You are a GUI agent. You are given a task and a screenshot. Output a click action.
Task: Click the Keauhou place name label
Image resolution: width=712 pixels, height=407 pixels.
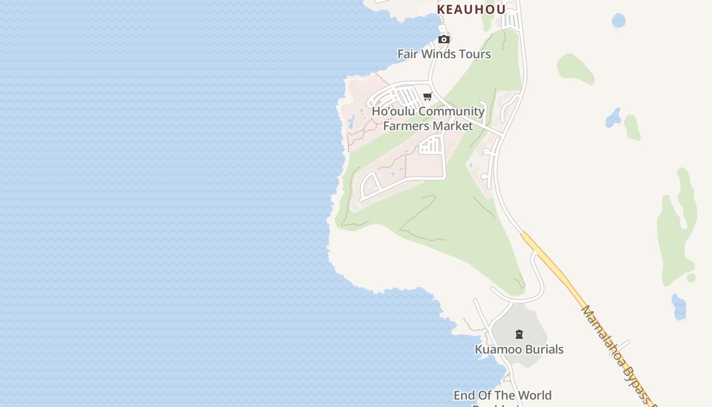click(x=471, y=9)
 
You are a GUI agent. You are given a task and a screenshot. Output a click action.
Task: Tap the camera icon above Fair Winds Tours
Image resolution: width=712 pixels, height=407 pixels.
click(x=443, y=40)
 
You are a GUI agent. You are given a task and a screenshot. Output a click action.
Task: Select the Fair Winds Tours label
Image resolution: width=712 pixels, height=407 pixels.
click(x=444, y=54)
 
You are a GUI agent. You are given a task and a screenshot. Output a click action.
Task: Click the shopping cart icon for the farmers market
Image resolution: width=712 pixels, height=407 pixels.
click(x=427, y=96)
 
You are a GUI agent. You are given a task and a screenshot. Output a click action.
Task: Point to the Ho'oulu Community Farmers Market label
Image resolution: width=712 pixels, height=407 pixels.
click(x=428, y=119)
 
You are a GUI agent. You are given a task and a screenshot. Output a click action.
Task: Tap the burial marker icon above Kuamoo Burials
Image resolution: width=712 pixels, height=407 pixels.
click(x=519, y=334)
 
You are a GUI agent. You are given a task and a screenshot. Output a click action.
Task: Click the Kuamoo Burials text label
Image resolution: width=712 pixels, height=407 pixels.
click(x=519, y=350)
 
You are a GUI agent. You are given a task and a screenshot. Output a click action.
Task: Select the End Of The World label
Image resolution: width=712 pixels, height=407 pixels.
click(x=502, y=395)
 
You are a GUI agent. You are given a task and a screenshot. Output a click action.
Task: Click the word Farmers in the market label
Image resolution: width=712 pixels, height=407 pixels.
click(x=405, y=126)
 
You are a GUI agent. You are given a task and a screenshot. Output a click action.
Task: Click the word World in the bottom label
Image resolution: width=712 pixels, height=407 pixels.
click(x=535, y=395)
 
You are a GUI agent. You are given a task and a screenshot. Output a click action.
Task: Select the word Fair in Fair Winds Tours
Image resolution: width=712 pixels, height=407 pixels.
click(x=407, y=54)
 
